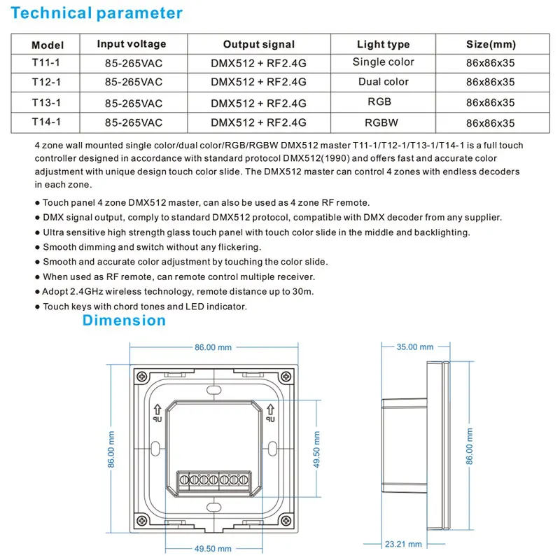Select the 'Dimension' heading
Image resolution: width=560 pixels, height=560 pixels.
click(124, 321)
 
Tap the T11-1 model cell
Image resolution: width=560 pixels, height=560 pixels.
click(48, 62)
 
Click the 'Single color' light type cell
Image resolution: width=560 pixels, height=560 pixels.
click(383, 62)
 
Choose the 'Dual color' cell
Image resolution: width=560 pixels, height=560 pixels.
click(383, 82)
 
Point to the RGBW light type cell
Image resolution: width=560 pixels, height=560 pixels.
click(381, 122)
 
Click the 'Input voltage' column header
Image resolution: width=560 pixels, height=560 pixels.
click(132, 44)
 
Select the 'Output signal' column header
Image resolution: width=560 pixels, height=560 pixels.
click(259, 45)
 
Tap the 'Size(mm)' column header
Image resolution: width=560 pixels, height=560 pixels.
click(491, 45)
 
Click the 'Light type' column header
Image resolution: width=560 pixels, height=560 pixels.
click(383, 45)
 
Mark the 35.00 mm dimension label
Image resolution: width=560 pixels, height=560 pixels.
click(416, 346)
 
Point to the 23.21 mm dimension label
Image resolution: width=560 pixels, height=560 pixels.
click(404, 544)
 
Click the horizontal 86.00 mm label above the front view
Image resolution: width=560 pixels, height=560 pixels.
click(213, 346)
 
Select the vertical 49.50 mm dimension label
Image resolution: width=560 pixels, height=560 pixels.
click(317, 451)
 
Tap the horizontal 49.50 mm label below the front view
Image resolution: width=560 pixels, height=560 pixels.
click(213, 549)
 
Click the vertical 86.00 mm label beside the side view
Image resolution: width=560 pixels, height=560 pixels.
click(470, 445)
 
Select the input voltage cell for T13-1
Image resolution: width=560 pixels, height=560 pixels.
click(133, 103)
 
